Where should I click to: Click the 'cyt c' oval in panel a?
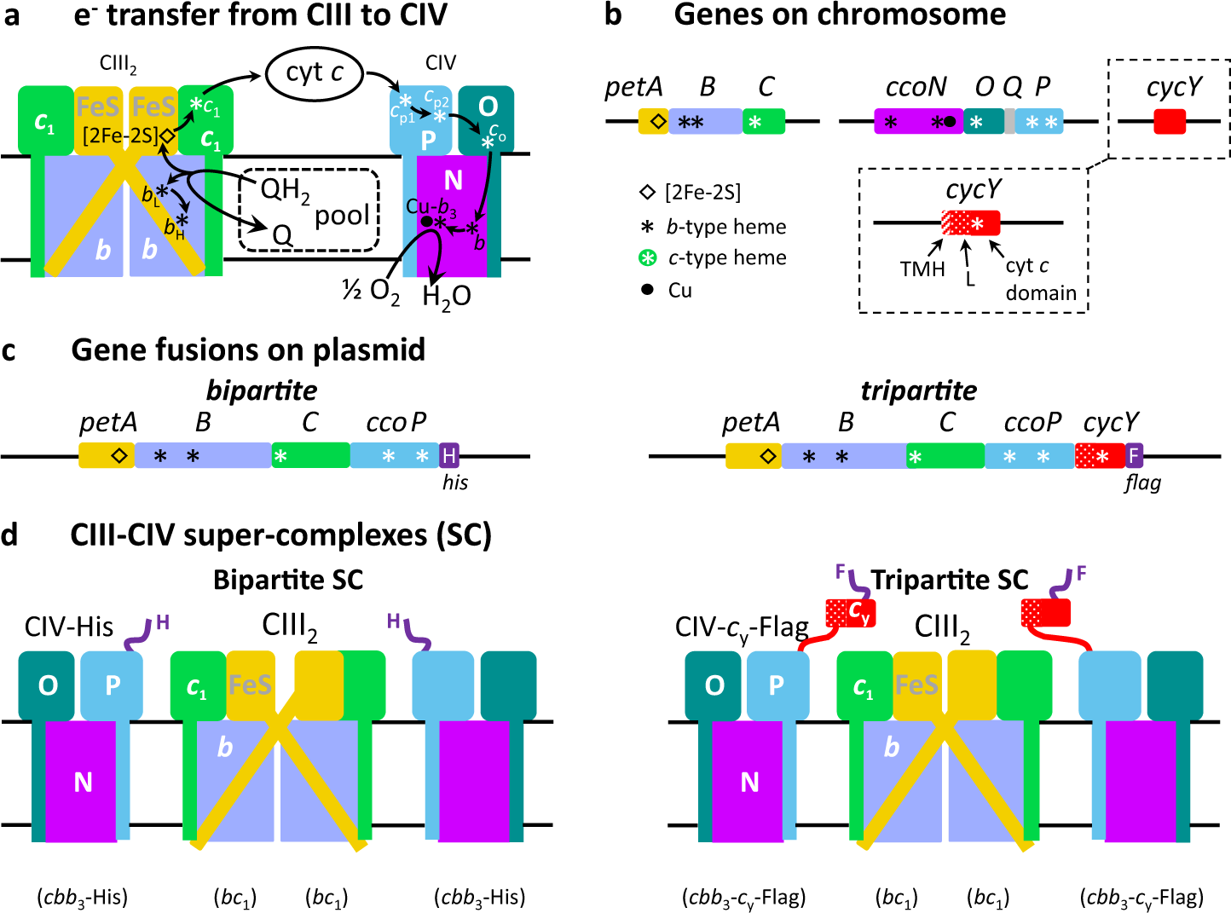(x=315, y=73)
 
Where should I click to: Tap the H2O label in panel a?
(x=447, y=296)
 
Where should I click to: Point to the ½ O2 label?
(x=371, y=292)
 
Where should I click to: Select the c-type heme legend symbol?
(x=648, y=257)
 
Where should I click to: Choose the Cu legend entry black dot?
(x=647, y=290)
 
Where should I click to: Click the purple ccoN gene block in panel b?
(x=916, y=122)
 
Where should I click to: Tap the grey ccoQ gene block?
(x=1010, y=122)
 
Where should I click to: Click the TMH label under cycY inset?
(x=922, y=269)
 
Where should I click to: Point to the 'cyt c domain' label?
(x=1040, y=280)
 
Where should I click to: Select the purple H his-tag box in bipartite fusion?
(x=449, y=455)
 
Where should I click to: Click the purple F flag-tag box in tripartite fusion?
(x=1134, y=455)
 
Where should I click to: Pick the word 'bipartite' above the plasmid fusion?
(x=262, y=390)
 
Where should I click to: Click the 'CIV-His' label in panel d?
(x=69, y=627)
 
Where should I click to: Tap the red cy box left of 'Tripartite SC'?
(x=850, y=612)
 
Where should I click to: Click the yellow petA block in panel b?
(x=654, y=122)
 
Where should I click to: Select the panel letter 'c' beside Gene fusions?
(x=9, y=350)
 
